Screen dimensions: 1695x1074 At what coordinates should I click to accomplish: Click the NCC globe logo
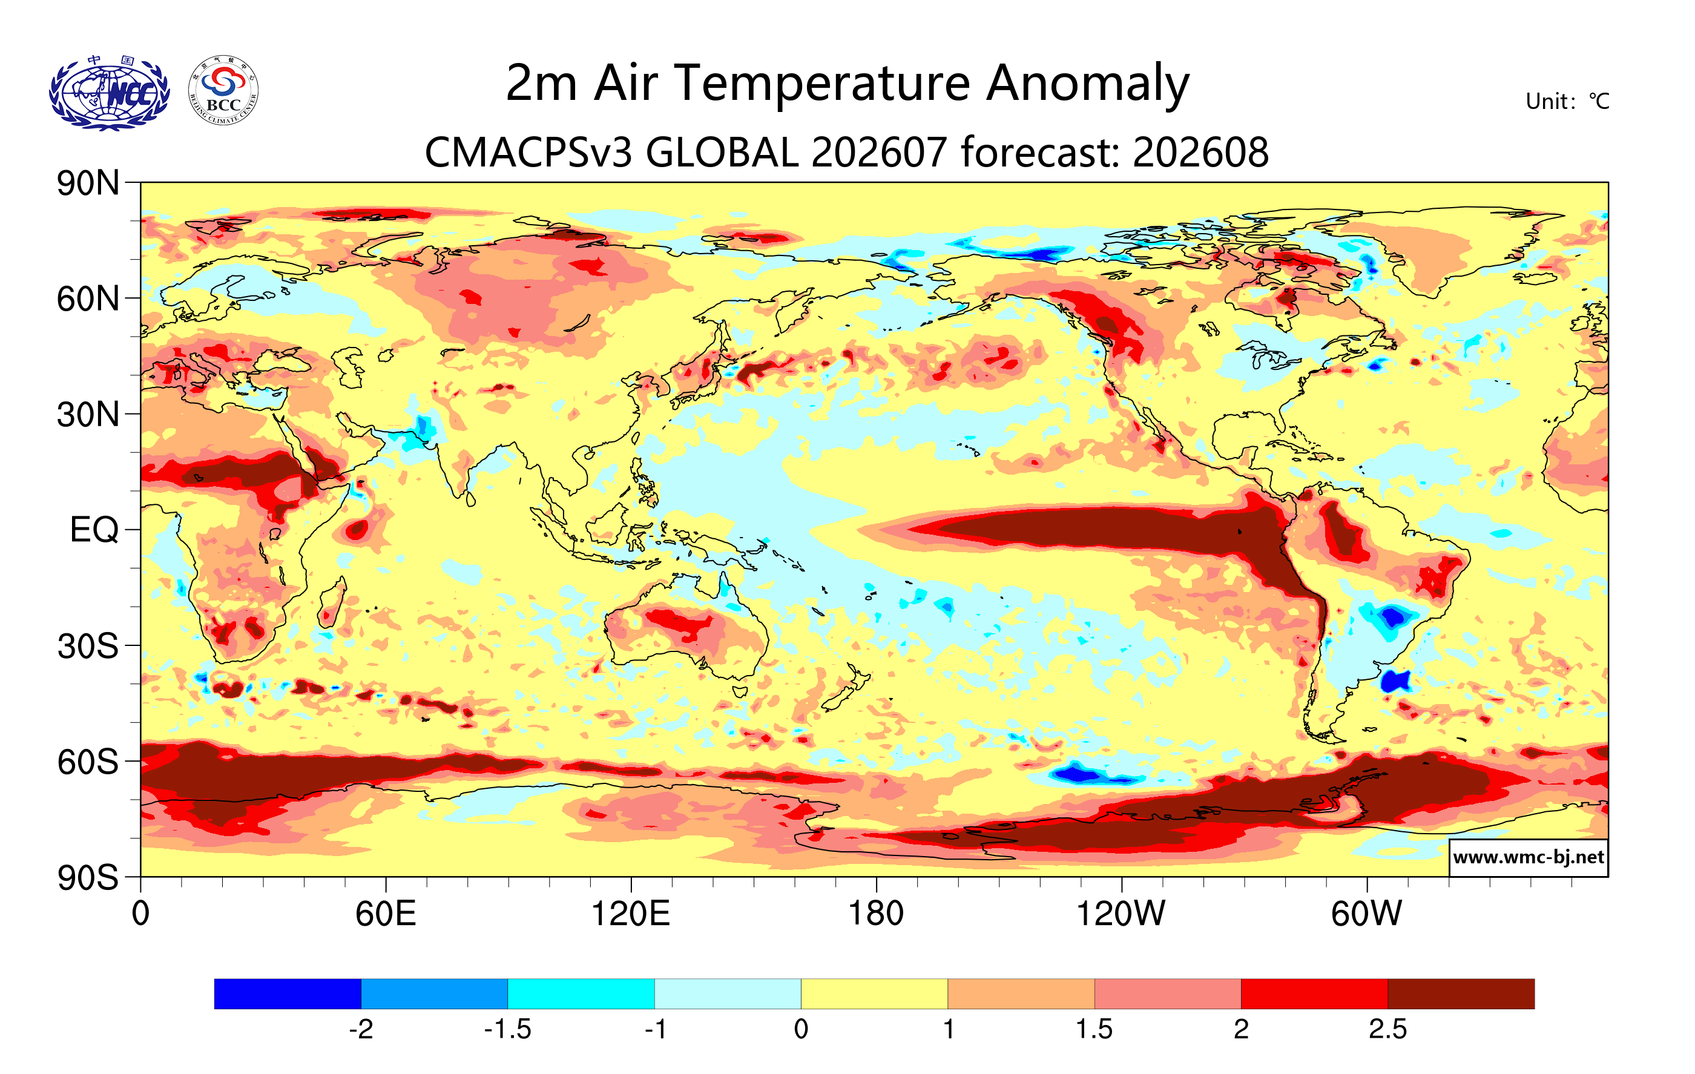pyautogui.click(x=109, y=93)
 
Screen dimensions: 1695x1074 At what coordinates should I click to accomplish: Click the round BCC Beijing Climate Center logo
pyautogui.click(x=223, y=91)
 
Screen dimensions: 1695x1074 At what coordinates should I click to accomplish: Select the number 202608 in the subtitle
pyautogui.click(x=1201, y=152)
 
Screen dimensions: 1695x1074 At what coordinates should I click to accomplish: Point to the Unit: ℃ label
pyautogui.click(x=1567, y=101)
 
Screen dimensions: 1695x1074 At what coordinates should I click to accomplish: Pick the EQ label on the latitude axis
pyautogui.click(x=94, y=530)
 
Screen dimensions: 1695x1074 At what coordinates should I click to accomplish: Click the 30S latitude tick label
pyautogui.click(x=88, y=646)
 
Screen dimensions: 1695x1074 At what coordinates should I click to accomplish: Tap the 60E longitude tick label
pyautogui.click(x=386, y=914)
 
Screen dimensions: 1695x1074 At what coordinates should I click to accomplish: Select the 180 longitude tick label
pyautogui.click(x=876, y=914)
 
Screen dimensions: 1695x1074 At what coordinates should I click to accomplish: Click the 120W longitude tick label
pyautogui.click(x=1121, y=914)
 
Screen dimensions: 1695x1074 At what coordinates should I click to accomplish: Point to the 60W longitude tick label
pyautogui.click(x=1366, y=914)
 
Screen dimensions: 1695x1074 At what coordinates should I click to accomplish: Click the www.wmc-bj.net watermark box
pyautogui.click(x=1528, y=857)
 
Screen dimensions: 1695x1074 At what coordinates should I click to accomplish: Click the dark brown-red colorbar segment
pyautogui.click(x=1461, y=993)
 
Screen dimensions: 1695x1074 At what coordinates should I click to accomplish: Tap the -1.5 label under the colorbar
pyautogui.click(x=507, y=1030)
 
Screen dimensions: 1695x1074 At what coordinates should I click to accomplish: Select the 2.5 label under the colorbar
pyautogui.click(x=1387, y=1030)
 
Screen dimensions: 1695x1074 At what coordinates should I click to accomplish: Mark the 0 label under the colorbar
pyautogui.click(x=801, y=1030)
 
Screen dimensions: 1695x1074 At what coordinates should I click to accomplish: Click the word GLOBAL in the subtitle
pyautogui.click(x=722, y=152)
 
